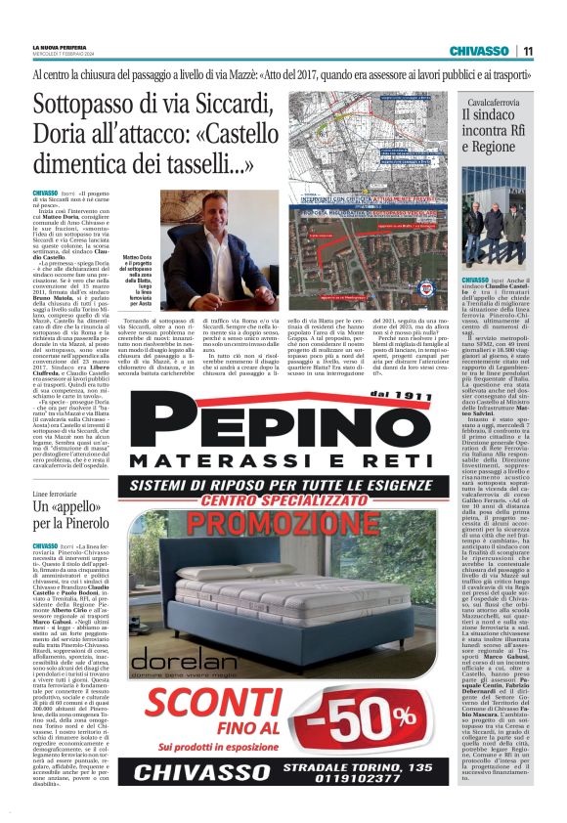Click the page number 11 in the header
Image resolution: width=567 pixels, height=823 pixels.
[x=528, y=51]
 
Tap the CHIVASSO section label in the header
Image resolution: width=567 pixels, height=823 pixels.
[x=479, y=51]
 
